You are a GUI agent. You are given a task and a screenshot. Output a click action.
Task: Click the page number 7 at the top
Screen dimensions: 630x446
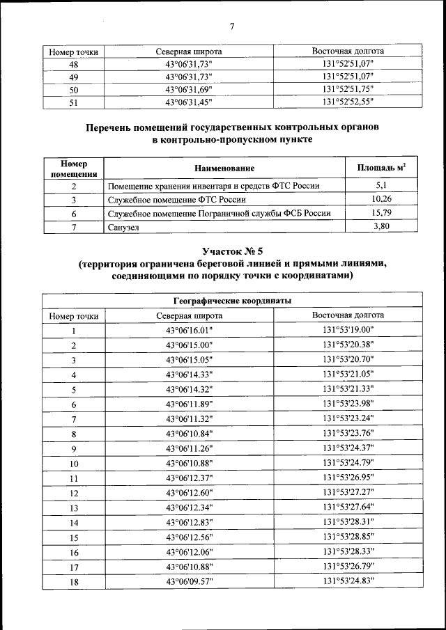(x=231, y=26)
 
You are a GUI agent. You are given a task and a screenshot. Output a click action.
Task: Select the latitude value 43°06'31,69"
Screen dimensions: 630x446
(x=189, y=90)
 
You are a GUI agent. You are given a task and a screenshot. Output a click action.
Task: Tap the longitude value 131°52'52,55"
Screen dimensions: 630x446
(x=348, y=102)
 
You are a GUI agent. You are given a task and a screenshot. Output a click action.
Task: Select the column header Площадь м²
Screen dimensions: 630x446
(x=381, y=168)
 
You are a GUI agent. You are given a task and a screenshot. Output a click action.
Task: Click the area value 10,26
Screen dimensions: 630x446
(x=381, y=199)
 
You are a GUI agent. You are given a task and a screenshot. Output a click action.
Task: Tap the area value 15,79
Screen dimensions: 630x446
(x=381, y=213)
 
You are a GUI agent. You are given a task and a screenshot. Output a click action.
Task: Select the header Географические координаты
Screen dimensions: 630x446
(x=231, y=301)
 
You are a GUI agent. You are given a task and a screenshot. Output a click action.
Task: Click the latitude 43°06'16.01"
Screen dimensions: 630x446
(x=189, y=331)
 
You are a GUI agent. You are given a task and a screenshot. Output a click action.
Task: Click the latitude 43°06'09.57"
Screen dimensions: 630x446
(x=189, y=582)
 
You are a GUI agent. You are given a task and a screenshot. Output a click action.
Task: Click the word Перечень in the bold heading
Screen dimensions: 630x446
(x=111, y=127)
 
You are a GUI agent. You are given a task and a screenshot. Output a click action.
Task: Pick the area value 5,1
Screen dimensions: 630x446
(x=381, y=185)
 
